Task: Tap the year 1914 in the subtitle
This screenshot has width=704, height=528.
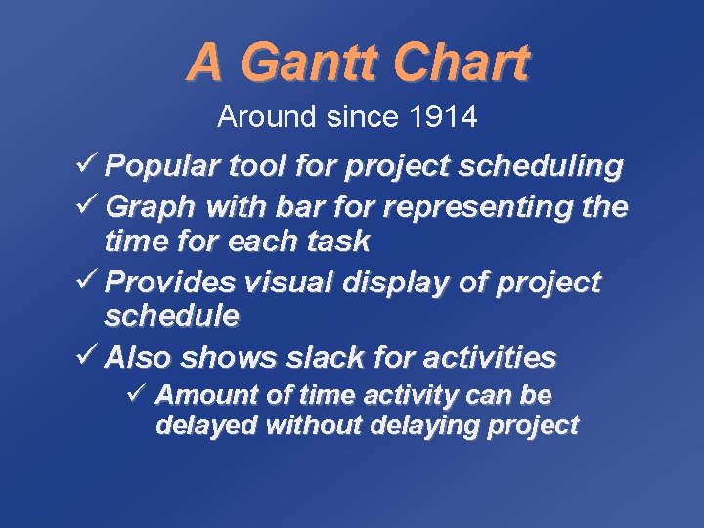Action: (x=444, y=118)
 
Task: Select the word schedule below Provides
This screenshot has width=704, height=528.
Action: (x=172, y=315)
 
